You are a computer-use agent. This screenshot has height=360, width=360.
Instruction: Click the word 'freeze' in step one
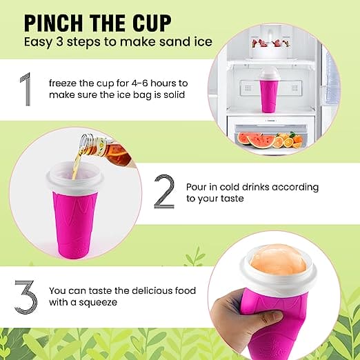64,82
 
